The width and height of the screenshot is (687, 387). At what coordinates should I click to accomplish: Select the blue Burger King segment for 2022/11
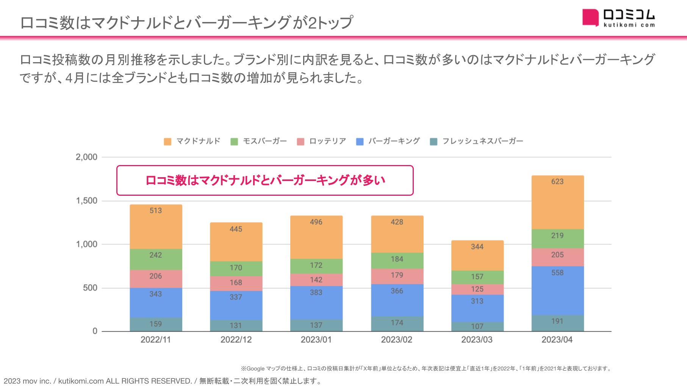point(156,303)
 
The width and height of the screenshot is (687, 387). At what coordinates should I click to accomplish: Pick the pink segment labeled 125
point(477,289)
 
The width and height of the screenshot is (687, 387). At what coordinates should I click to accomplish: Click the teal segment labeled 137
point(316,325)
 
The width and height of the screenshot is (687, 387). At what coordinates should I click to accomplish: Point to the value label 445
point(236,229)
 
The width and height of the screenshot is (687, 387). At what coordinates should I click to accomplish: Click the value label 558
point(557,273)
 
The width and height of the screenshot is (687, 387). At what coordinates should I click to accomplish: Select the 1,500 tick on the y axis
point(87,201)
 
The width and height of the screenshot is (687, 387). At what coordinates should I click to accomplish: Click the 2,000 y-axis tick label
point(86,157)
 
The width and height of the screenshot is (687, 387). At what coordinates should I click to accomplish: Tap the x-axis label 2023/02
point(396,340)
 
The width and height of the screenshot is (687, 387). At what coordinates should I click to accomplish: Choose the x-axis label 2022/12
point(236,340)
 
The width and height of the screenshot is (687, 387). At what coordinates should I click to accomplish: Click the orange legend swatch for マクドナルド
point(167,142)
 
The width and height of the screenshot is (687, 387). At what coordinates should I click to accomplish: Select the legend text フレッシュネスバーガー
point(482,141)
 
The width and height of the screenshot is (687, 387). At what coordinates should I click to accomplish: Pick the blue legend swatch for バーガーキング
point(360,142)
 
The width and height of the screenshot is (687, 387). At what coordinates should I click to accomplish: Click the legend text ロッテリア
point(327,141)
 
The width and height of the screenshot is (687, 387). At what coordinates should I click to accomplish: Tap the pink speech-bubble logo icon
point(590,17)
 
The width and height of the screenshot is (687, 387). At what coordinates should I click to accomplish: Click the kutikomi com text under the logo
point(629,25)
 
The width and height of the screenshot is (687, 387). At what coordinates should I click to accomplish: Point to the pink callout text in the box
point(265,180)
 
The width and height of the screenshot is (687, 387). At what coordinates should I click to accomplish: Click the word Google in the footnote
point(255,368)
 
